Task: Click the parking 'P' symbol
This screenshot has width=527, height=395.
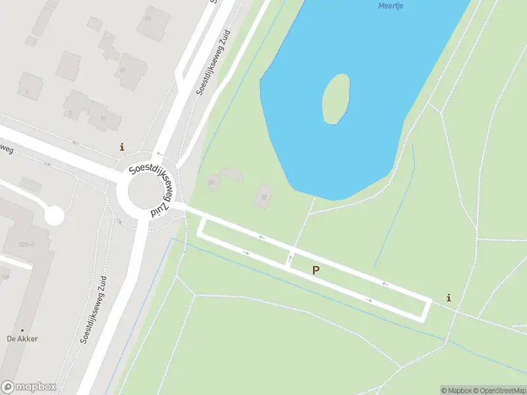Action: point(316,270)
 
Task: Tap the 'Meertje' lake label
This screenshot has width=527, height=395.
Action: point(391,6)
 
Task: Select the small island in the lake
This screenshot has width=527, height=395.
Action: point(335,98)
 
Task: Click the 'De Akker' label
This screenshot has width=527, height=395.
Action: point(22,338)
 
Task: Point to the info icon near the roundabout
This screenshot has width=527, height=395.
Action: point(121,147)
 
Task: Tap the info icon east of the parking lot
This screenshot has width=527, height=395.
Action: point(449,298)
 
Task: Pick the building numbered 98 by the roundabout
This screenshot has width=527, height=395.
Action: point(213,181)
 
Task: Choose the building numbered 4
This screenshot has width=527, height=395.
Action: point(30,88)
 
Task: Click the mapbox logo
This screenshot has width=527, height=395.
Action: point(28,387)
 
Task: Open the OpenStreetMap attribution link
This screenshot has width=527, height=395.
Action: point(499,390)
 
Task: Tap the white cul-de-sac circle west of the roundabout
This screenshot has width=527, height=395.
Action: point(53,215)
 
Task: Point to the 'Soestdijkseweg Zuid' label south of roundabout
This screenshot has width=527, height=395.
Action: point(94,310)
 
